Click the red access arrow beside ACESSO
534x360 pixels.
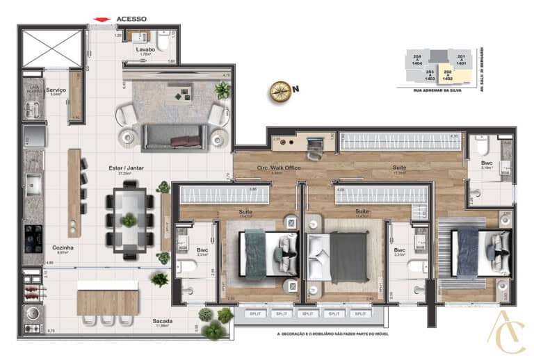tap(103, 19)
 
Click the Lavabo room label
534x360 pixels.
tap(145, 51)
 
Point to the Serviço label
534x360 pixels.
tap(56, 90)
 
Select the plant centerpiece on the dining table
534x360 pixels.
tap(128, 221)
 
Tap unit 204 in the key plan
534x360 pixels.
tap(417, 58)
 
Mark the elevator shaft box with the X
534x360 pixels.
tap(52, 48)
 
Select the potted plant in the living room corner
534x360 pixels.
tap(222, 90)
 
